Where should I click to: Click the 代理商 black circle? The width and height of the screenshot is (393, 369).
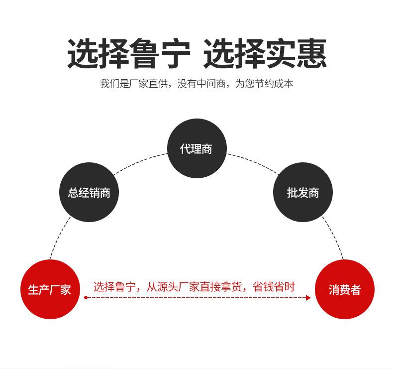[x=196, y=148]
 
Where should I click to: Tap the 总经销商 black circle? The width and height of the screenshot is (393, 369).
[x=90, y=192]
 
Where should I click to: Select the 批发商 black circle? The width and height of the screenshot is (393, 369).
[x=302, y=192]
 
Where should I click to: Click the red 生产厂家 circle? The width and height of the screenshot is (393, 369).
[x=49, y=289]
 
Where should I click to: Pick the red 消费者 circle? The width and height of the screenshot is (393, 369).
[x=344, y=289]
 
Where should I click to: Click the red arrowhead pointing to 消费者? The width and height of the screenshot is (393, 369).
[x=308, y=298]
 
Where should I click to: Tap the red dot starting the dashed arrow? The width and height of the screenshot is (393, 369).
[x=86, y=298]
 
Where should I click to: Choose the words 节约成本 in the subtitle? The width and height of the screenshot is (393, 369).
[x=274, y=84]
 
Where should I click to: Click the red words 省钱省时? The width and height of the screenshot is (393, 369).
[x=274, y=287]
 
